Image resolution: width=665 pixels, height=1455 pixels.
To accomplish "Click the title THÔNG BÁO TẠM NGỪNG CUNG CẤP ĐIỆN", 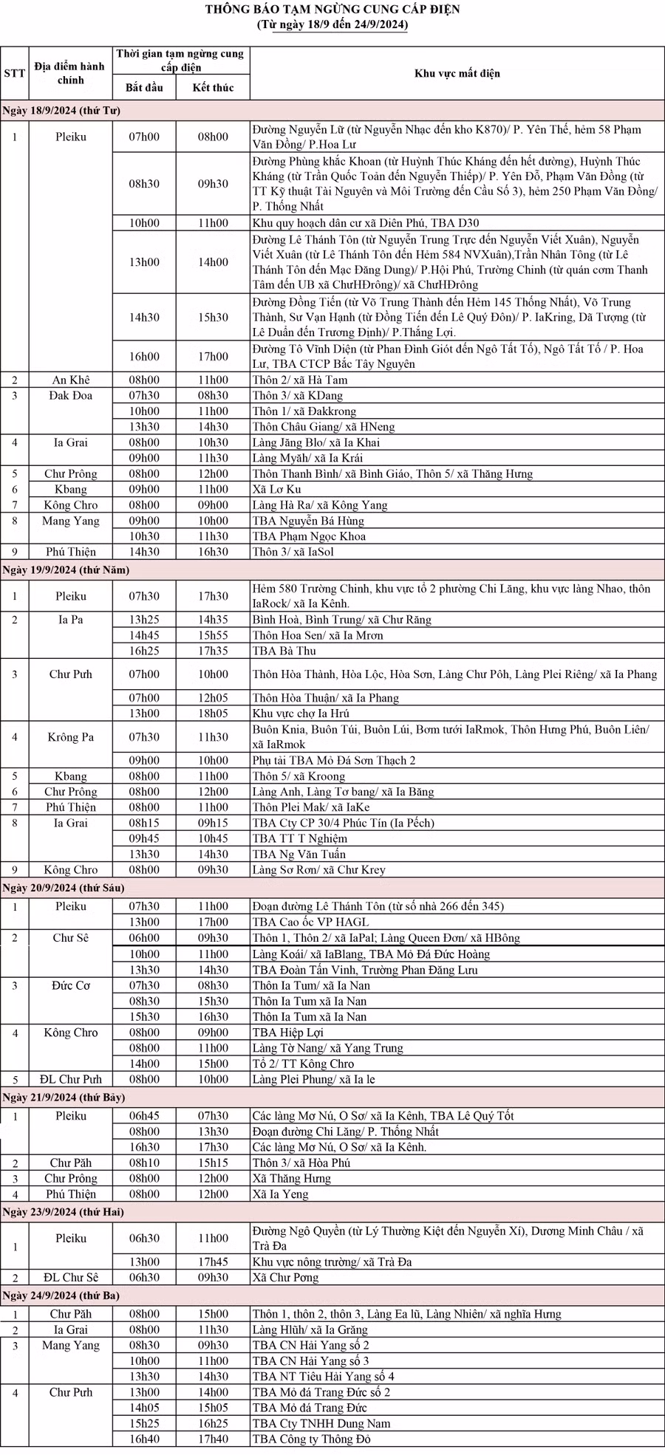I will (332, 10).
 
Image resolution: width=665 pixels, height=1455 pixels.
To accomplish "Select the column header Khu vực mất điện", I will (457, 73).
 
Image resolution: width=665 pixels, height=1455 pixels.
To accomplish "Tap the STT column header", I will (14, 73).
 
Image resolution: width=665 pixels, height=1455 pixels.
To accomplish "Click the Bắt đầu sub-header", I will (144, 88).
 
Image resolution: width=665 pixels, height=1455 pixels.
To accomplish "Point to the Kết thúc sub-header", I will (213, 88).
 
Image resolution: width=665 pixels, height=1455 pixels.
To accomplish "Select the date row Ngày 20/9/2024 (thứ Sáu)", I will (64, 888).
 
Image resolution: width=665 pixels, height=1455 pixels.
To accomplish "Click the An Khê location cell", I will (71, 380).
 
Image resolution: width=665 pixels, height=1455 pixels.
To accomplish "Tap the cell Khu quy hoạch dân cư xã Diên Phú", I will (370, 223).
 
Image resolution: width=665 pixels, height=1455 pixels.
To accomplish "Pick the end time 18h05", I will (213, 713).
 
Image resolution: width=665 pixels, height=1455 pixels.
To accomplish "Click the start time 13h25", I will (144, 620).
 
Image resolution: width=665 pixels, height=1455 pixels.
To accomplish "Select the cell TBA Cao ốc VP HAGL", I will (310, 922).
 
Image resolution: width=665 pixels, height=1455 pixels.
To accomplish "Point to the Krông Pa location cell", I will (71, 737).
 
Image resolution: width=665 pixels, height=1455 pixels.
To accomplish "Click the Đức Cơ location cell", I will (71, 985).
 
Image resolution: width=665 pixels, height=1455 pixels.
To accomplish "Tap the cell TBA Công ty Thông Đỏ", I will (311, 1439).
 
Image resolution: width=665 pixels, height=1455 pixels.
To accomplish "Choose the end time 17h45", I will (213, 1261).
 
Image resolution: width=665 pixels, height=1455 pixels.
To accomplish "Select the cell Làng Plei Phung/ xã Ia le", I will (313, 1079).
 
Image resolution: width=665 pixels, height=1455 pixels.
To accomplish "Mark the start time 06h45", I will (144, 1116).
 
